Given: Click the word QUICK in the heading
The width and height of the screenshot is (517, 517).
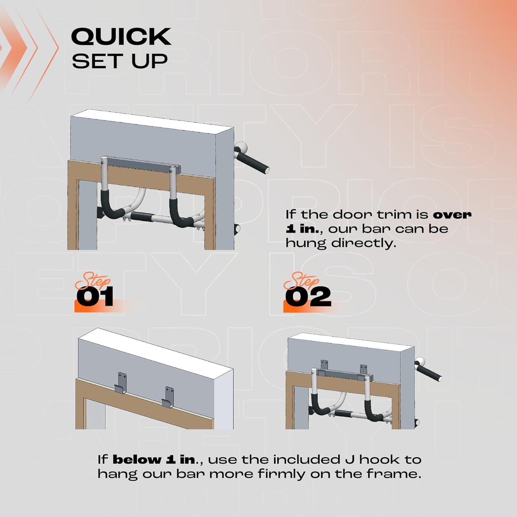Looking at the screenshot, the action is click(x=121, y=37).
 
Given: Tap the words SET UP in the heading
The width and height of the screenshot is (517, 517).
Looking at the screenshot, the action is click(x=120, y=61).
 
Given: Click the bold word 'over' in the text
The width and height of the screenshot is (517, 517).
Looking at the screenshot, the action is click(x=452, y=215).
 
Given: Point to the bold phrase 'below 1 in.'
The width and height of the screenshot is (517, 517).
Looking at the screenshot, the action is click(x=154, y=459).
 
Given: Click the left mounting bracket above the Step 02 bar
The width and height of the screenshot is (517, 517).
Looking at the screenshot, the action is click(x=324, y=365).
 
